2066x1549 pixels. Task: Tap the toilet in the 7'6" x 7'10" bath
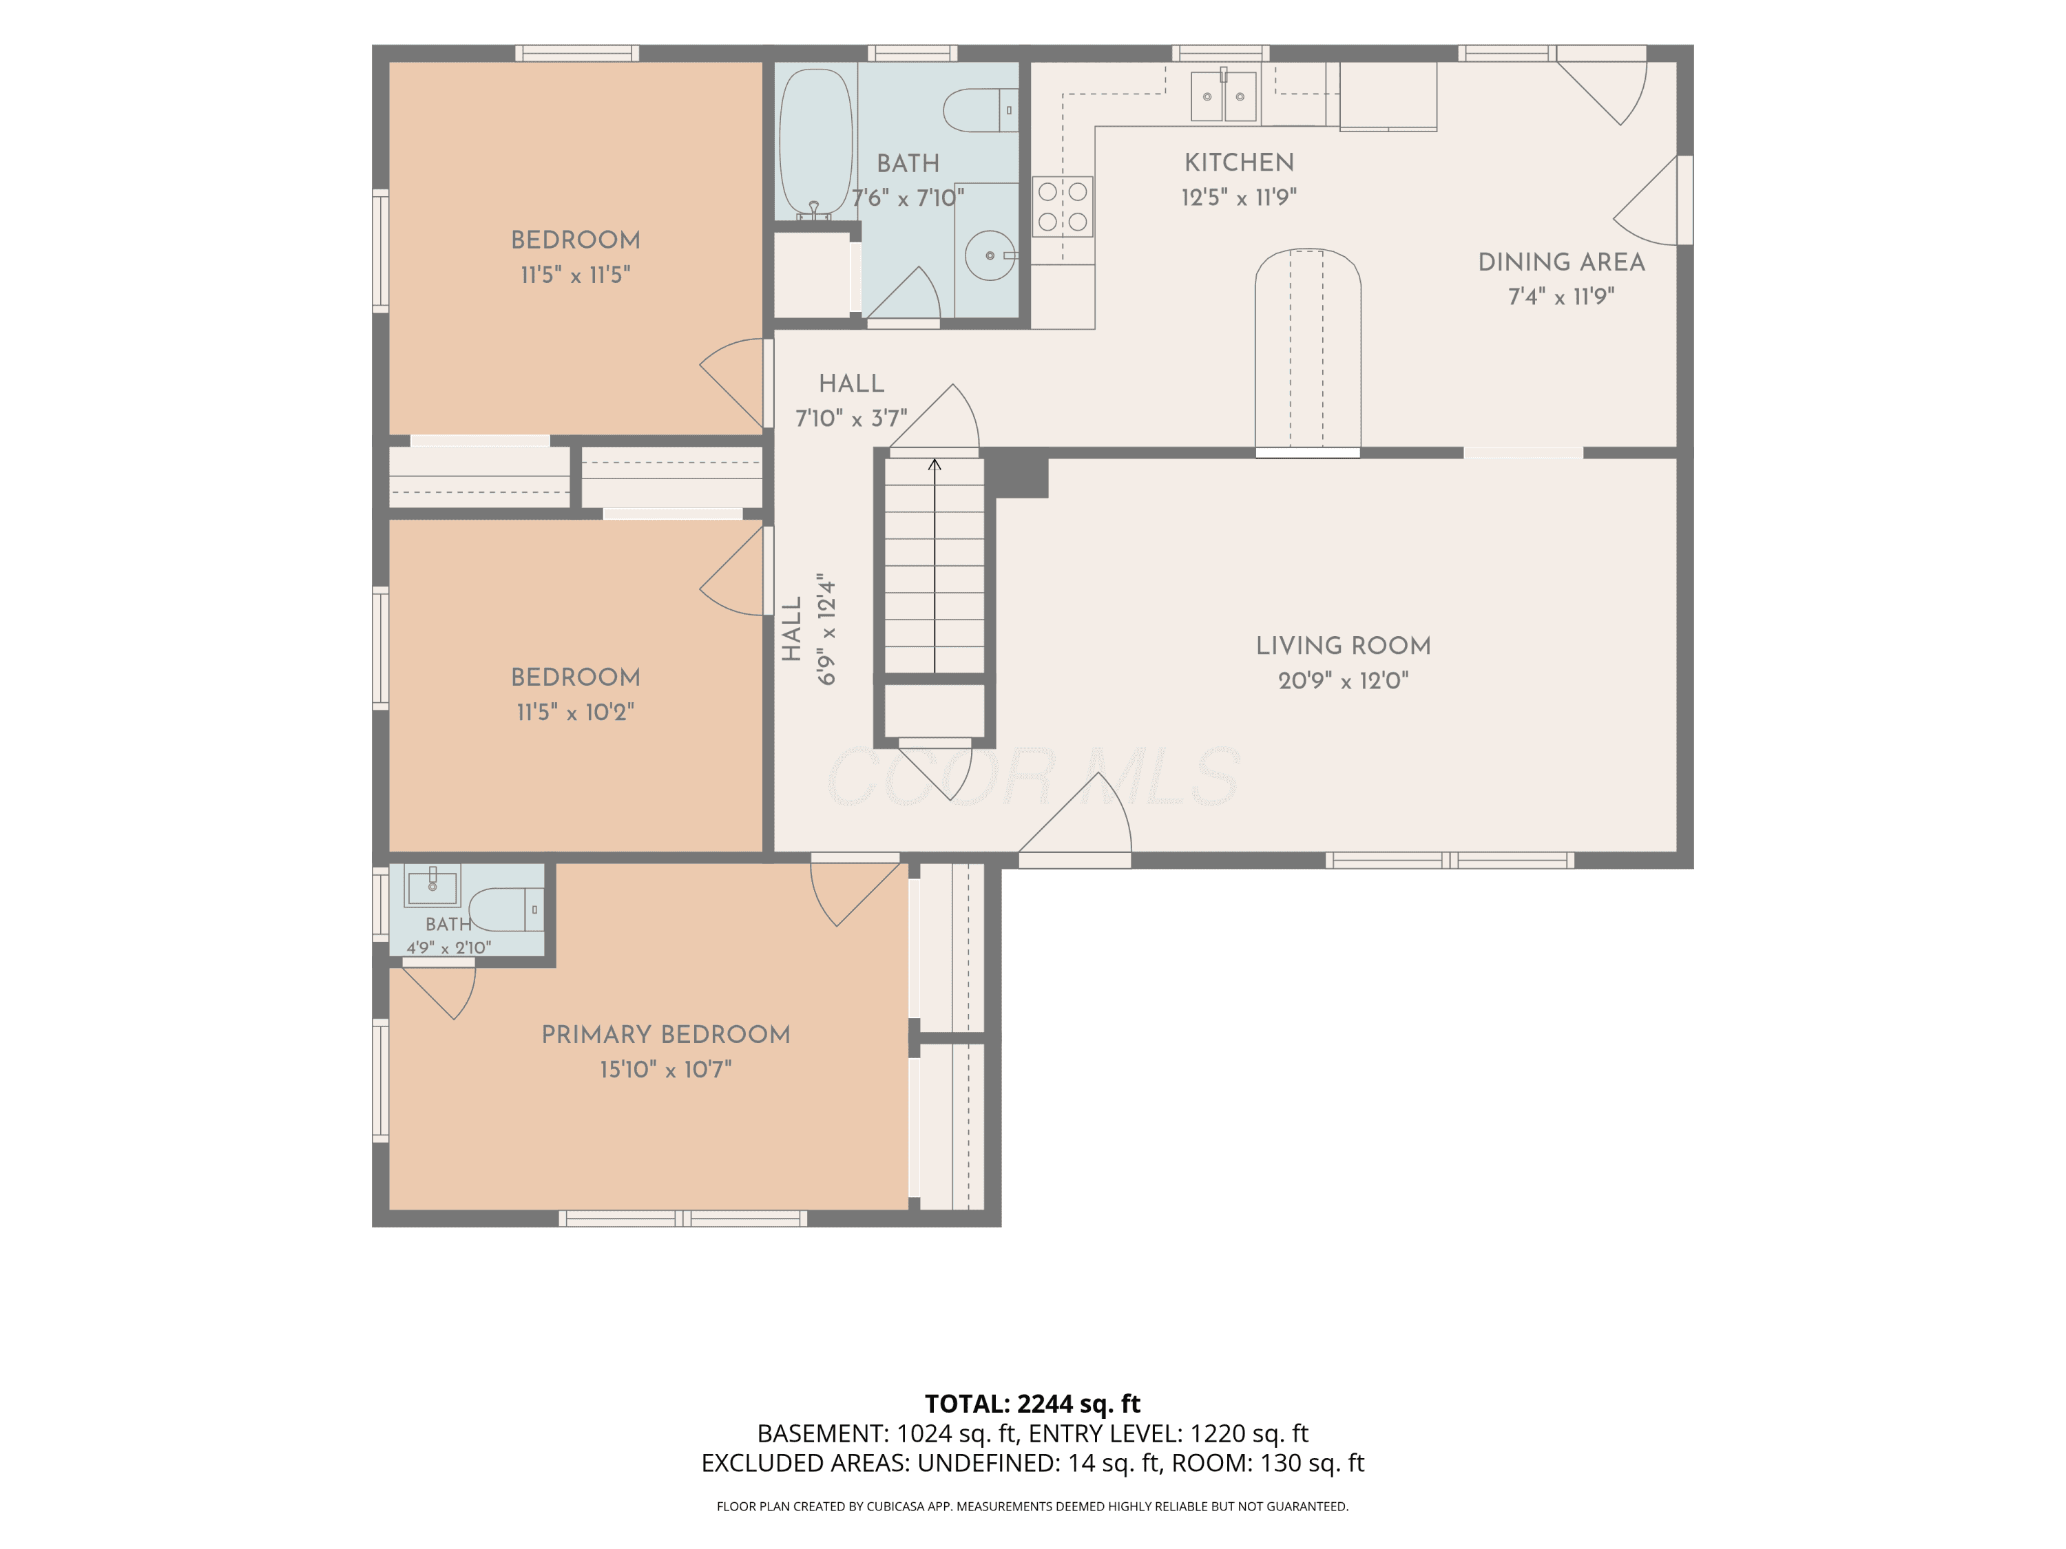pos(980,110)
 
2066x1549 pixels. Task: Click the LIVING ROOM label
pos(1343,645)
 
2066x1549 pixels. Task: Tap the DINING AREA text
pos(1561,262)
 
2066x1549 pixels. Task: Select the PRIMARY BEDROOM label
pos(666,1035)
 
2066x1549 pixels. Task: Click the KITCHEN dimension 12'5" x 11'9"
pos(1238,197)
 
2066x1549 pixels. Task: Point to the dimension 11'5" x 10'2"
pos(575,713)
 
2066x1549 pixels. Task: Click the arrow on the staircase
pos(934,565)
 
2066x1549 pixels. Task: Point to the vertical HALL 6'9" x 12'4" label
pos(809,629)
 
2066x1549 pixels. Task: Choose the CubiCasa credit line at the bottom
pos(1032,1506)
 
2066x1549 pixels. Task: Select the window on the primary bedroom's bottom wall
pos(682,1218)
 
